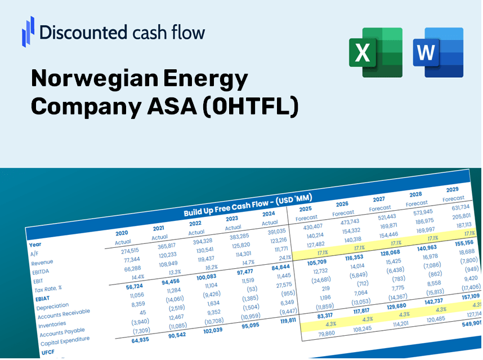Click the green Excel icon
(x=375, y=52)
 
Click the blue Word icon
(x=438, y=52)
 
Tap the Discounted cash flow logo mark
(x=28, y=31)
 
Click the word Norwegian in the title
(x=94, y=79)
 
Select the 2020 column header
(x=121, y=233)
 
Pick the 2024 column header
(x=269, y=214)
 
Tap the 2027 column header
(x=379, y=199)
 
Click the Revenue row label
(x=42, y=263)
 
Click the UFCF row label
(x=47, y=352)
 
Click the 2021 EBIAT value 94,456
(x=158, y=282)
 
